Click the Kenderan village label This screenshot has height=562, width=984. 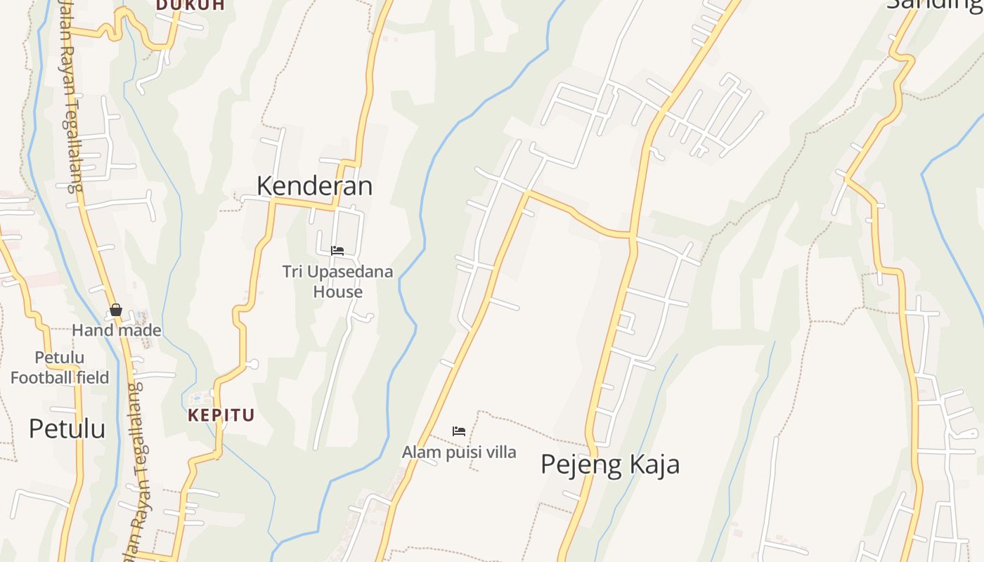314,186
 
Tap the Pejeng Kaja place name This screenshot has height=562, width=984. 610,464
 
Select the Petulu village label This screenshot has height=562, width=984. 67,428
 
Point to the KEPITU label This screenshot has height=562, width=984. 221,415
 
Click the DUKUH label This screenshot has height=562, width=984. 190,5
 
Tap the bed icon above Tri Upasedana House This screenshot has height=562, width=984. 337,251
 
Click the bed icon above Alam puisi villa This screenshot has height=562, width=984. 459,431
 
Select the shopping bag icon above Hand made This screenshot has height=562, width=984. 116,310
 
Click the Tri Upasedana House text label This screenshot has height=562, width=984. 337,281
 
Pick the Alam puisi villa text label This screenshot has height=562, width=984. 459,452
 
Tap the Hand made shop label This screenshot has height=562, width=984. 117,330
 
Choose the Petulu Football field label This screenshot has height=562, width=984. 60,367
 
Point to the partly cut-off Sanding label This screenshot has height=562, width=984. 934,4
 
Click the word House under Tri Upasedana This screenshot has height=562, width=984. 337,292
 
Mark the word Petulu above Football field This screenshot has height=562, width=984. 60,358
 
